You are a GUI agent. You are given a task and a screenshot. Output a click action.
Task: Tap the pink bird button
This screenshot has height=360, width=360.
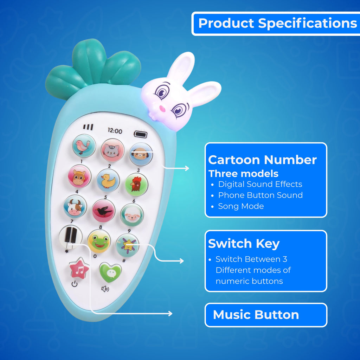pos(84,146)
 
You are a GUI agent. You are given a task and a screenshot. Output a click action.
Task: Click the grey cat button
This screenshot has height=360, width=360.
pos(112,150)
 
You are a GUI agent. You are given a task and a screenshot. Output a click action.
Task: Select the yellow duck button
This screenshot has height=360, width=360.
pos(108,180)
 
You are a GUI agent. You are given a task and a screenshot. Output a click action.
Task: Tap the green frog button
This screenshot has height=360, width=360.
pos(99,241)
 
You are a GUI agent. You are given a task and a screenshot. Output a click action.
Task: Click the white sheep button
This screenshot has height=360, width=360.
pos(132,215)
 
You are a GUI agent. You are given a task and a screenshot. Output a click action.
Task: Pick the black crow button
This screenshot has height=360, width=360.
pos(104,211)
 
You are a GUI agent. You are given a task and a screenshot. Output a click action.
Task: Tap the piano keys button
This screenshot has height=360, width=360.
pos(71,237)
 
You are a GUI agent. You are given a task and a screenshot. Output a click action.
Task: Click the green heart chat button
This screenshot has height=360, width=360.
pos(110,272)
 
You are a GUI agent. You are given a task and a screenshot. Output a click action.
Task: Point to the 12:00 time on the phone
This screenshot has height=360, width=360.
pos(115,131)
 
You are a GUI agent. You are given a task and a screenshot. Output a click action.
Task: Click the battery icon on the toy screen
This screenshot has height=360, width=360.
pos(141,134)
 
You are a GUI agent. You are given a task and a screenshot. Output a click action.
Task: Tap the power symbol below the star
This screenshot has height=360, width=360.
pos(75,284)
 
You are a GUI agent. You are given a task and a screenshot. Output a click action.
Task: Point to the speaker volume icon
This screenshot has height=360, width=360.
pos(105,289)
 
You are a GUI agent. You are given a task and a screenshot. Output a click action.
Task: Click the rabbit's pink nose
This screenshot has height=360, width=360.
pos(162,109)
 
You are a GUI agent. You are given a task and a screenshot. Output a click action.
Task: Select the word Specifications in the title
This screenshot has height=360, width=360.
pos(307,24)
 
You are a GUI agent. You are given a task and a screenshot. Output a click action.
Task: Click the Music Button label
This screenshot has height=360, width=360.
pos(256,315)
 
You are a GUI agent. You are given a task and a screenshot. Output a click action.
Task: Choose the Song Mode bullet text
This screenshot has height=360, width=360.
pos(241,206)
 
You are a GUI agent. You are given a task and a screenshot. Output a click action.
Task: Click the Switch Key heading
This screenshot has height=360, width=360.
pos(244,244)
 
